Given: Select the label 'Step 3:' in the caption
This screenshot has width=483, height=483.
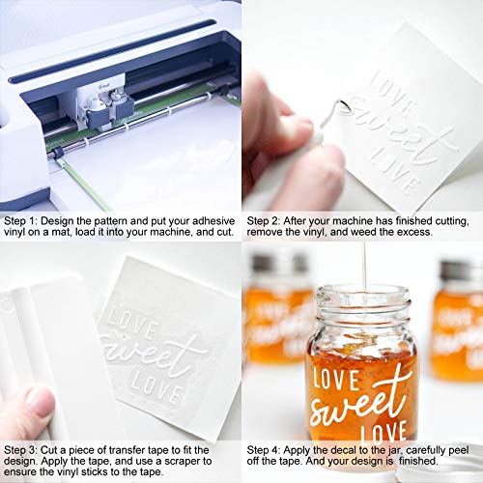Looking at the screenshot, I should tap(22, 450).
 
